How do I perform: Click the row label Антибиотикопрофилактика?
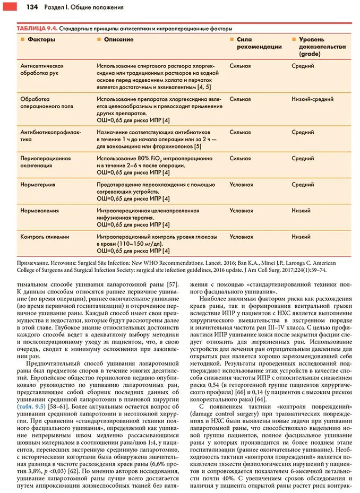click(46, 135)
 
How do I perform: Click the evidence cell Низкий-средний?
click(311, 99)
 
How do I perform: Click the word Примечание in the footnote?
click(29, 262)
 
